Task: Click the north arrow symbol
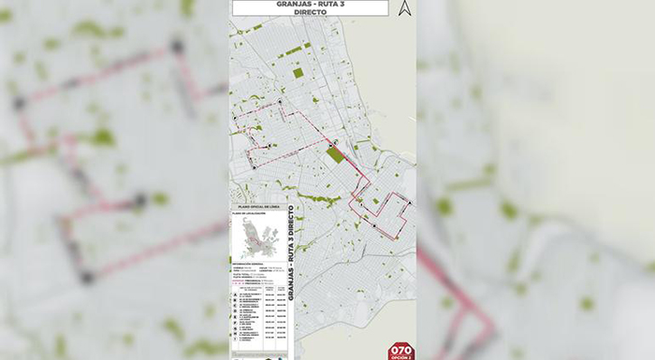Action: click(404, 8)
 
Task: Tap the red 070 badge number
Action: click(400, 349)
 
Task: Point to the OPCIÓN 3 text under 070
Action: click(400, 357)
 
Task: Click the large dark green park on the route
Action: click(334, 154)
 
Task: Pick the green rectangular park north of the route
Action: click(298, 72)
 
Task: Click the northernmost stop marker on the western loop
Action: click(278, 100)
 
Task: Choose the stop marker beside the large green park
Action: click(334, 143)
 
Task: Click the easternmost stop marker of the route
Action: click(408, 209)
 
